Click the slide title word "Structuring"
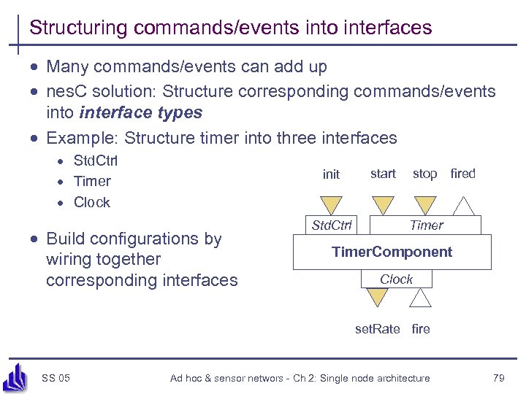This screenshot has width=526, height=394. [x=77, y=28]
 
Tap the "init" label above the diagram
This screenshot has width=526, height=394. [x=331, y=174]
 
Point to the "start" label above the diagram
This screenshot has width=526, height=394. [x=383, y=174]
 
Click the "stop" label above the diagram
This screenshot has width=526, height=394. [x=424, y=174]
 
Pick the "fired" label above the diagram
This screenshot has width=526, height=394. [x=462, y=174]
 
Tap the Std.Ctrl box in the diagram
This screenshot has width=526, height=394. [x=331, y=225]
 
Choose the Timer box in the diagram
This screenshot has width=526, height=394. [x=426, y=225]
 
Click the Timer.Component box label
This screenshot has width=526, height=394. [x=392, y=252]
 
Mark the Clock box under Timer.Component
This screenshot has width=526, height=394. [x=396, y=279]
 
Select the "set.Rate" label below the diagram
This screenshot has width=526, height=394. [x=377, y=329]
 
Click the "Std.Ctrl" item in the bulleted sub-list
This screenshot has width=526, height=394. [x=96, y=161]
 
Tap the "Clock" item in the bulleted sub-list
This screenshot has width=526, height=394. [x=92, y=202]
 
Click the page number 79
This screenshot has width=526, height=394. [x=499, y=378]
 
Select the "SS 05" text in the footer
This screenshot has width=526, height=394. [x=56, y=378]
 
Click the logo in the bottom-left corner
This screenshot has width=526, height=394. [x=15, y=376]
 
